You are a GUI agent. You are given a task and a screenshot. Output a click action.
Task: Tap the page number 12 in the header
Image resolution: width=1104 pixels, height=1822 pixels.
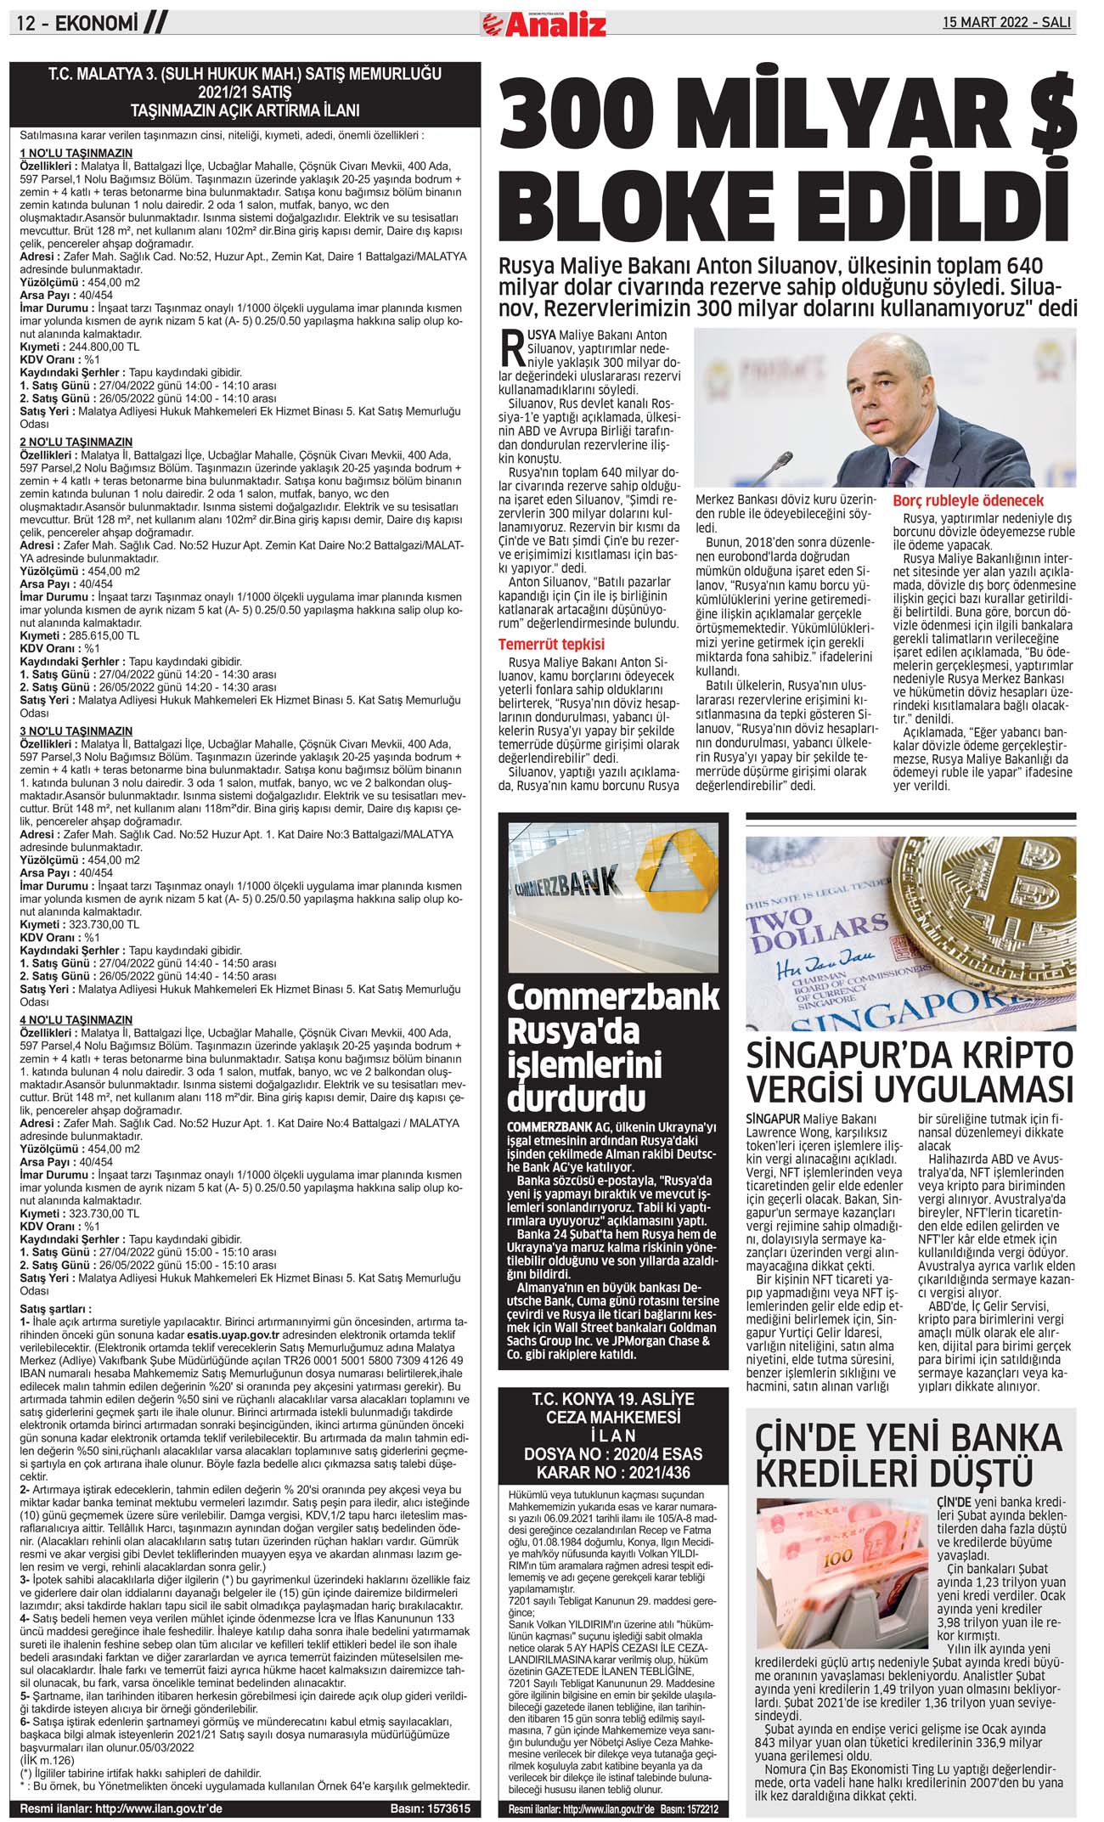[25, 25]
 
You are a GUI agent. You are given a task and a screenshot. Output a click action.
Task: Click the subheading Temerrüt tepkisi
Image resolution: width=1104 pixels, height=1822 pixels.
[551, 644]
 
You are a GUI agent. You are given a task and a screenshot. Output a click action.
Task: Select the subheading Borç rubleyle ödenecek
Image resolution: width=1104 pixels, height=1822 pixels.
[968, 501]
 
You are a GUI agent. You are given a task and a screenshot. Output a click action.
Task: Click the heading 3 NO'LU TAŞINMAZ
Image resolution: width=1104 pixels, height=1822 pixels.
[76, 731]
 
